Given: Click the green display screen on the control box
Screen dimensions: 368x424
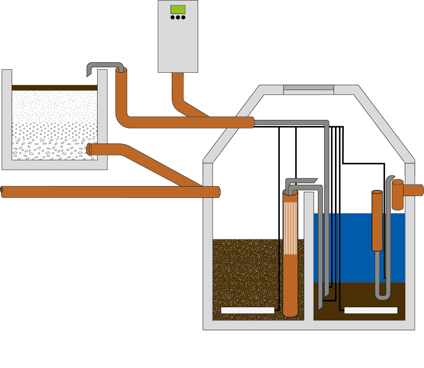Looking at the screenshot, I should tap(178, 9).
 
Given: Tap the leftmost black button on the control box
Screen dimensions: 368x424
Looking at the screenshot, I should tap(173, 17).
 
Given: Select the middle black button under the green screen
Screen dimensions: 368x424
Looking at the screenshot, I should tap(178, 17).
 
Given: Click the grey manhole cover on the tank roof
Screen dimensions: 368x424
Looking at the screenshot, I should tap(309, 87).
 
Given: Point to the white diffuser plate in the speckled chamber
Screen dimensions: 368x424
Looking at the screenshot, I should tap(247, 310).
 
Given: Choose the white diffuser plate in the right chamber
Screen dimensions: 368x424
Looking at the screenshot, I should tap(371, 310).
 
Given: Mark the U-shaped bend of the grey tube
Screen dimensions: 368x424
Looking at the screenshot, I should tap(382, 297).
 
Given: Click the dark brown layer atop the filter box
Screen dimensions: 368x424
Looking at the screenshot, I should tap(55, 88).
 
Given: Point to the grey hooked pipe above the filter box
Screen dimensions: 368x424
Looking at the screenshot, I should tap(104, 65).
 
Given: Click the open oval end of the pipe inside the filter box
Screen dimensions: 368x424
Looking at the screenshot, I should tap(89, 149).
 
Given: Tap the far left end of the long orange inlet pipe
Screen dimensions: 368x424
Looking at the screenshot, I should tap(3, 192).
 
